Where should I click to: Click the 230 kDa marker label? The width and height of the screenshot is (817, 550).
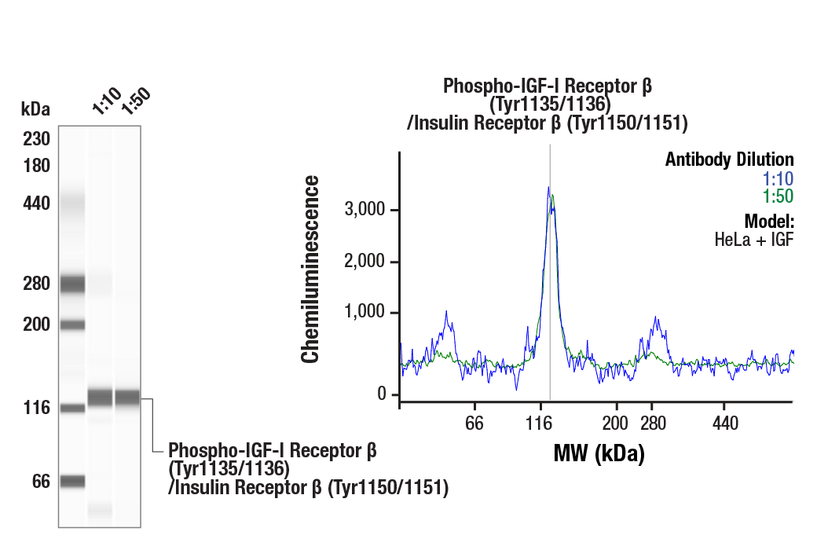(36, 139)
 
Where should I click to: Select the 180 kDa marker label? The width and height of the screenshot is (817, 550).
(36, 166)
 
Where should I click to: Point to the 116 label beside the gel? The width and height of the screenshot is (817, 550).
(36, 408)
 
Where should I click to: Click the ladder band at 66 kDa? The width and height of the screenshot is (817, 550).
(73, 481)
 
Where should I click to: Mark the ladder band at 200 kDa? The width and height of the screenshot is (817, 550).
(73, 324)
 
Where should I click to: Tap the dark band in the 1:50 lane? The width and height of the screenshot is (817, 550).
(127, 398)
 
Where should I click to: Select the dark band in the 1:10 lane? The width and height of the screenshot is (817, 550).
(100, 398)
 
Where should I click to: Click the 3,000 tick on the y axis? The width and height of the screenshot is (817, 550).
(365, 210)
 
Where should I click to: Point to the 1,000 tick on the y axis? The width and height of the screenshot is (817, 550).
(365, 313)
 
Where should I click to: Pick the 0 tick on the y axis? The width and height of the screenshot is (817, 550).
(382, 394)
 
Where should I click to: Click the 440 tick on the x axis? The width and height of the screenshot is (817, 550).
(725, 424)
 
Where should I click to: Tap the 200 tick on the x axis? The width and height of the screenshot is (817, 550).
(615, 424)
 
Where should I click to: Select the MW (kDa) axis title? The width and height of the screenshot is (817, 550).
(599, 453)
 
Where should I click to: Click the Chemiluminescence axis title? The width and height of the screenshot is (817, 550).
(311, 269)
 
